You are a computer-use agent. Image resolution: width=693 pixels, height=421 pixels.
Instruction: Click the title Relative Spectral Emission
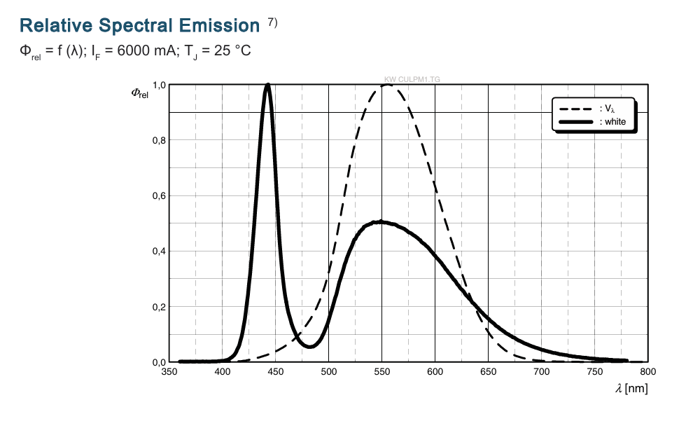tap(139, 26)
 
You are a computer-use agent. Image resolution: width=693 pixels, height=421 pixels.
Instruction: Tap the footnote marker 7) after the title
tap(272, 22)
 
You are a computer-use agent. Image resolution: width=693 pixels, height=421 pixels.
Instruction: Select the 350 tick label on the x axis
tap(169, 372)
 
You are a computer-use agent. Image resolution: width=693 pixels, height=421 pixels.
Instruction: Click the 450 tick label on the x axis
tap(276, 372)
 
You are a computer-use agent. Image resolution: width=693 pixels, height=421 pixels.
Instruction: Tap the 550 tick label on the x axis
tap(382, 372)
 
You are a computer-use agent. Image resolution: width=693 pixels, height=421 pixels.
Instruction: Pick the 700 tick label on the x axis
tap(542, 372)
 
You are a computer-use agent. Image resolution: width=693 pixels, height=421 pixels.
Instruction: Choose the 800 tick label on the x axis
tap(648, 372)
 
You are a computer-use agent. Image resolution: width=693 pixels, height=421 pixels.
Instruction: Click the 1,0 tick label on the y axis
tap(159, 85)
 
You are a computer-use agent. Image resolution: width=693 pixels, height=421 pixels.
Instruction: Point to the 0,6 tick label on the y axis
tap(159, 196)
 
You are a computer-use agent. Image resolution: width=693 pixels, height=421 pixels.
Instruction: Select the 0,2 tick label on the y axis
tap(159, 307)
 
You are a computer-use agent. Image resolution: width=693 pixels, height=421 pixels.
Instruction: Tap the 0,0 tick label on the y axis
tap(159, 362)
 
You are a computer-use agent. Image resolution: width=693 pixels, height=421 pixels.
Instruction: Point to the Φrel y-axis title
tap(139, 93)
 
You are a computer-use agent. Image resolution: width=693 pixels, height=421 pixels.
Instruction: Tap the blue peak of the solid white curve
tap(267, 85)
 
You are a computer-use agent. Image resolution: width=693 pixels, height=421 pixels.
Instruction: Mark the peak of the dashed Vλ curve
tap(387, 85)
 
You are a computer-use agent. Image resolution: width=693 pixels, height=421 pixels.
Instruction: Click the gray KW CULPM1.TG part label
tap(412, 81)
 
